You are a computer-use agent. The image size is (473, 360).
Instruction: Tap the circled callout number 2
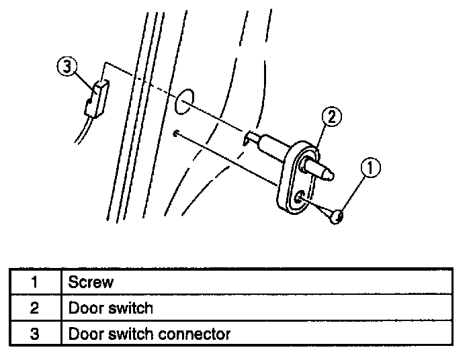click(332, 116)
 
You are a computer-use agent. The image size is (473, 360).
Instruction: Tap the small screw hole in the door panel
click(175, 133)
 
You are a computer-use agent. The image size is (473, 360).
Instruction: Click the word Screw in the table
click(91, 282)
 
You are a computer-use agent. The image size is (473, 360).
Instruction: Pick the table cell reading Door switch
click(111, 308)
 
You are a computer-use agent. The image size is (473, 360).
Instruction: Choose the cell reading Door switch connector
click(149, 334)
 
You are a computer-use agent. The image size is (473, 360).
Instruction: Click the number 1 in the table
click(34, 282)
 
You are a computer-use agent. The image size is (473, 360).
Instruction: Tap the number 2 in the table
click(34, 308)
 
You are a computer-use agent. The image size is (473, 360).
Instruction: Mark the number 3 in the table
click(34, 334)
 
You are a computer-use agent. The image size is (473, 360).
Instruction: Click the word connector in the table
click(194, 334)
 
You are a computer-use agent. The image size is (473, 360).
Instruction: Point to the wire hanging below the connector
click(80, 131)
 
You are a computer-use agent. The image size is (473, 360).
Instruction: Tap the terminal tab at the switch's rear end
click(250, 137)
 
